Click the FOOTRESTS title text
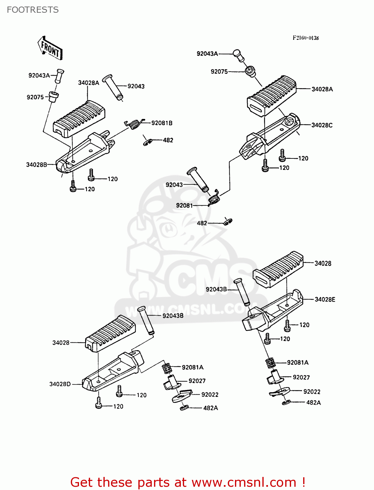33,10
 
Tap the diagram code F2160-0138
305,38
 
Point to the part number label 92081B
162,123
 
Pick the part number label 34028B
37,165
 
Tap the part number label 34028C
322,125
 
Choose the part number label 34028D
60,384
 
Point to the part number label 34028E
325,300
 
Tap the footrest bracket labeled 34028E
271,310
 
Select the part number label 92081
184,205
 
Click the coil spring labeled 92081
214,198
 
